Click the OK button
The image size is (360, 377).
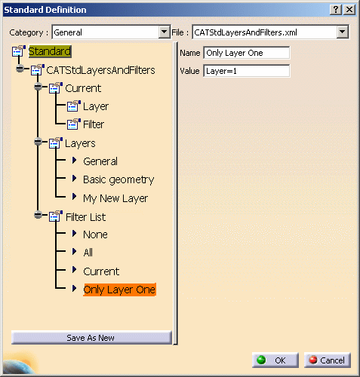275,360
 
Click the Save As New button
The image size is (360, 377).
91,338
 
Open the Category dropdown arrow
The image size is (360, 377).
165,32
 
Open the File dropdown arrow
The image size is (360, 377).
343,32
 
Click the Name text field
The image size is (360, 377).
247,53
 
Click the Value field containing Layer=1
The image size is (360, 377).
247,71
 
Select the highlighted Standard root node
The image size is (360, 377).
50,51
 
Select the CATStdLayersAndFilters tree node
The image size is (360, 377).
100,70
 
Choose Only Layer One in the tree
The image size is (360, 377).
119,290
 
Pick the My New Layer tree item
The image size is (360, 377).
115,198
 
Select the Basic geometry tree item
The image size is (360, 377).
118,180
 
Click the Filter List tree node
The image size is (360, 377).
85,217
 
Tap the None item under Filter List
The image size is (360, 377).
95,234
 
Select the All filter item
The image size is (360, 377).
88,253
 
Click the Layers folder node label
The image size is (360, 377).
80,143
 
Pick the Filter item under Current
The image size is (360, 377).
94,124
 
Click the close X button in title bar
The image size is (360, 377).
349,10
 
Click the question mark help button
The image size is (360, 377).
336,10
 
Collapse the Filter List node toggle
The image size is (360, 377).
38,215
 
